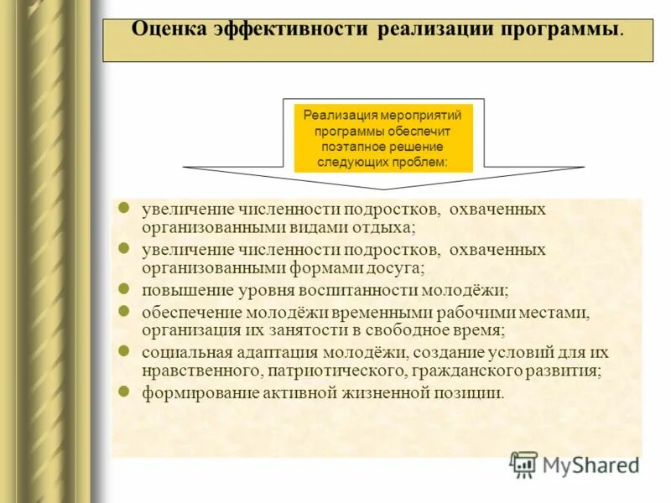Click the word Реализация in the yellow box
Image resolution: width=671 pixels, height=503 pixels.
[x=341, y=116]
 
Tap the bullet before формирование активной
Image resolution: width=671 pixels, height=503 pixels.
[x=123, y=392]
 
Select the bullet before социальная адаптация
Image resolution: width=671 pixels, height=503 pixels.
[x=123, y=351]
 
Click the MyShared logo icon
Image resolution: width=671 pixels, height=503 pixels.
[x=524, y=464]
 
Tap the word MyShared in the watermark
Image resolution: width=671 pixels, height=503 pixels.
[x=591, y=464]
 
